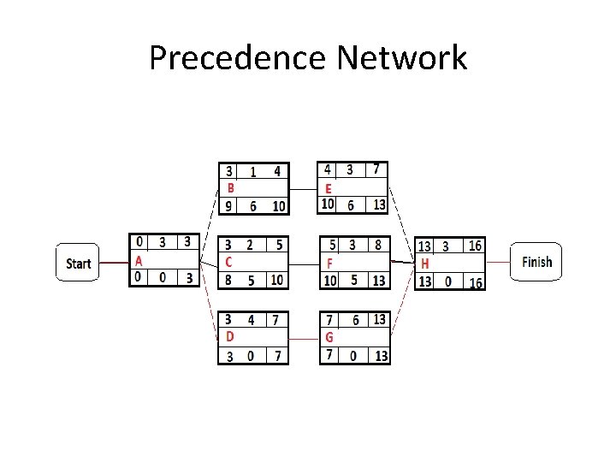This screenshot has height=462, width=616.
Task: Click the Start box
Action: point(78,263)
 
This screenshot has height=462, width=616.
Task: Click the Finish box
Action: point(536,262)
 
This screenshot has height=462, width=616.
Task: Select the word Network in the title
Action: point(401,58)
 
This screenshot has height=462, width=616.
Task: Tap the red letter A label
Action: point(139,262)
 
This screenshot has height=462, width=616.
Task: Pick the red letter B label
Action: point(230,187)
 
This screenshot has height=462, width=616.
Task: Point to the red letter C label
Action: point(228,261)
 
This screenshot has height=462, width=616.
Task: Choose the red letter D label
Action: point(229,336)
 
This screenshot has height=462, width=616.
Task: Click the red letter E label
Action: point(329,188)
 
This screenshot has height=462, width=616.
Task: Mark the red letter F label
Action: point(329,264)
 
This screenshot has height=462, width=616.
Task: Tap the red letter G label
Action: point(329,337)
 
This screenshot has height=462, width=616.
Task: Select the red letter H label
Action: point(424,264)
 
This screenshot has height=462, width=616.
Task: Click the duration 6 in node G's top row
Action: point(355,320)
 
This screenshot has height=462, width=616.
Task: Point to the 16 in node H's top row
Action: point(475,246)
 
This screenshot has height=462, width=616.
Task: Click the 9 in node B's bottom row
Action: point(228,205)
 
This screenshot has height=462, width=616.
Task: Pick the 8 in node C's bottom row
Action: point(228,280)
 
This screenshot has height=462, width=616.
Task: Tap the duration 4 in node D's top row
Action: point(251,320)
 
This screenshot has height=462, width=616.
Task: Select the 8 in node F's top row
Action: point(377,245)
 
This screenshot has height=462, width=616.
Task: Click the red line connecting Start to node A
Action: point(114,263)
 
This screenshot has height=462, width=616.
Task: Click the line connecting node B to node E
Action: point(304,188)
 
